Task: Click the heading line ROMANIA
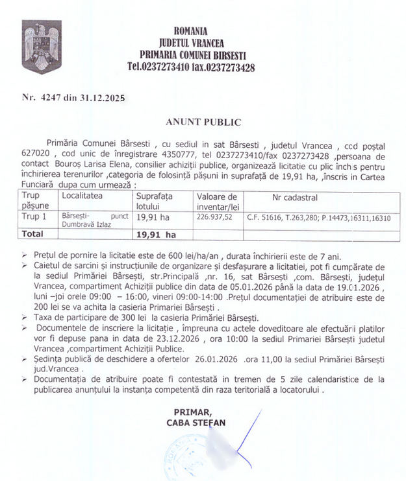pyautogui.click(x=191, y=30)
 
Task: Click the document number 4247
pyautogui.click(x=49, y=97)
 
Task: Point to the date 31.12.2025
pyautogui.click(x=103, y=97)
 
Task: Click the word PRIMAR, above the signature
pyautogui.click(x=193, y=412)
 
